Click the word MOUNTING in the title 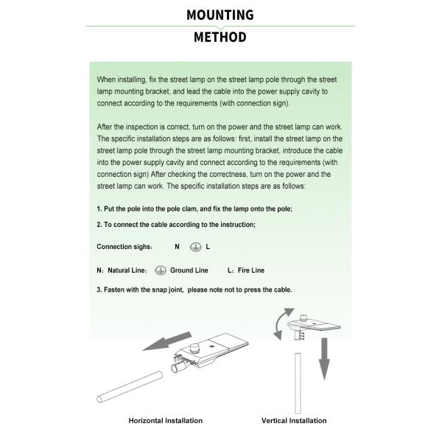[220, 15]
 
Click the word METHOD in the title [220, 38]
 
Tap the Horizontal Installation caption [165, 421]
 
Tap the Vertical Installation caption [294, 421]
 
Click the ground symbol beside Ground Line [161, 270]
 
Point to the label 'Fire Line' [250, 271]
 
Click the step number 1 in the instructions [99, 209]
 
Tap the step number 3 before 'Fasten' [99, 290]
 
